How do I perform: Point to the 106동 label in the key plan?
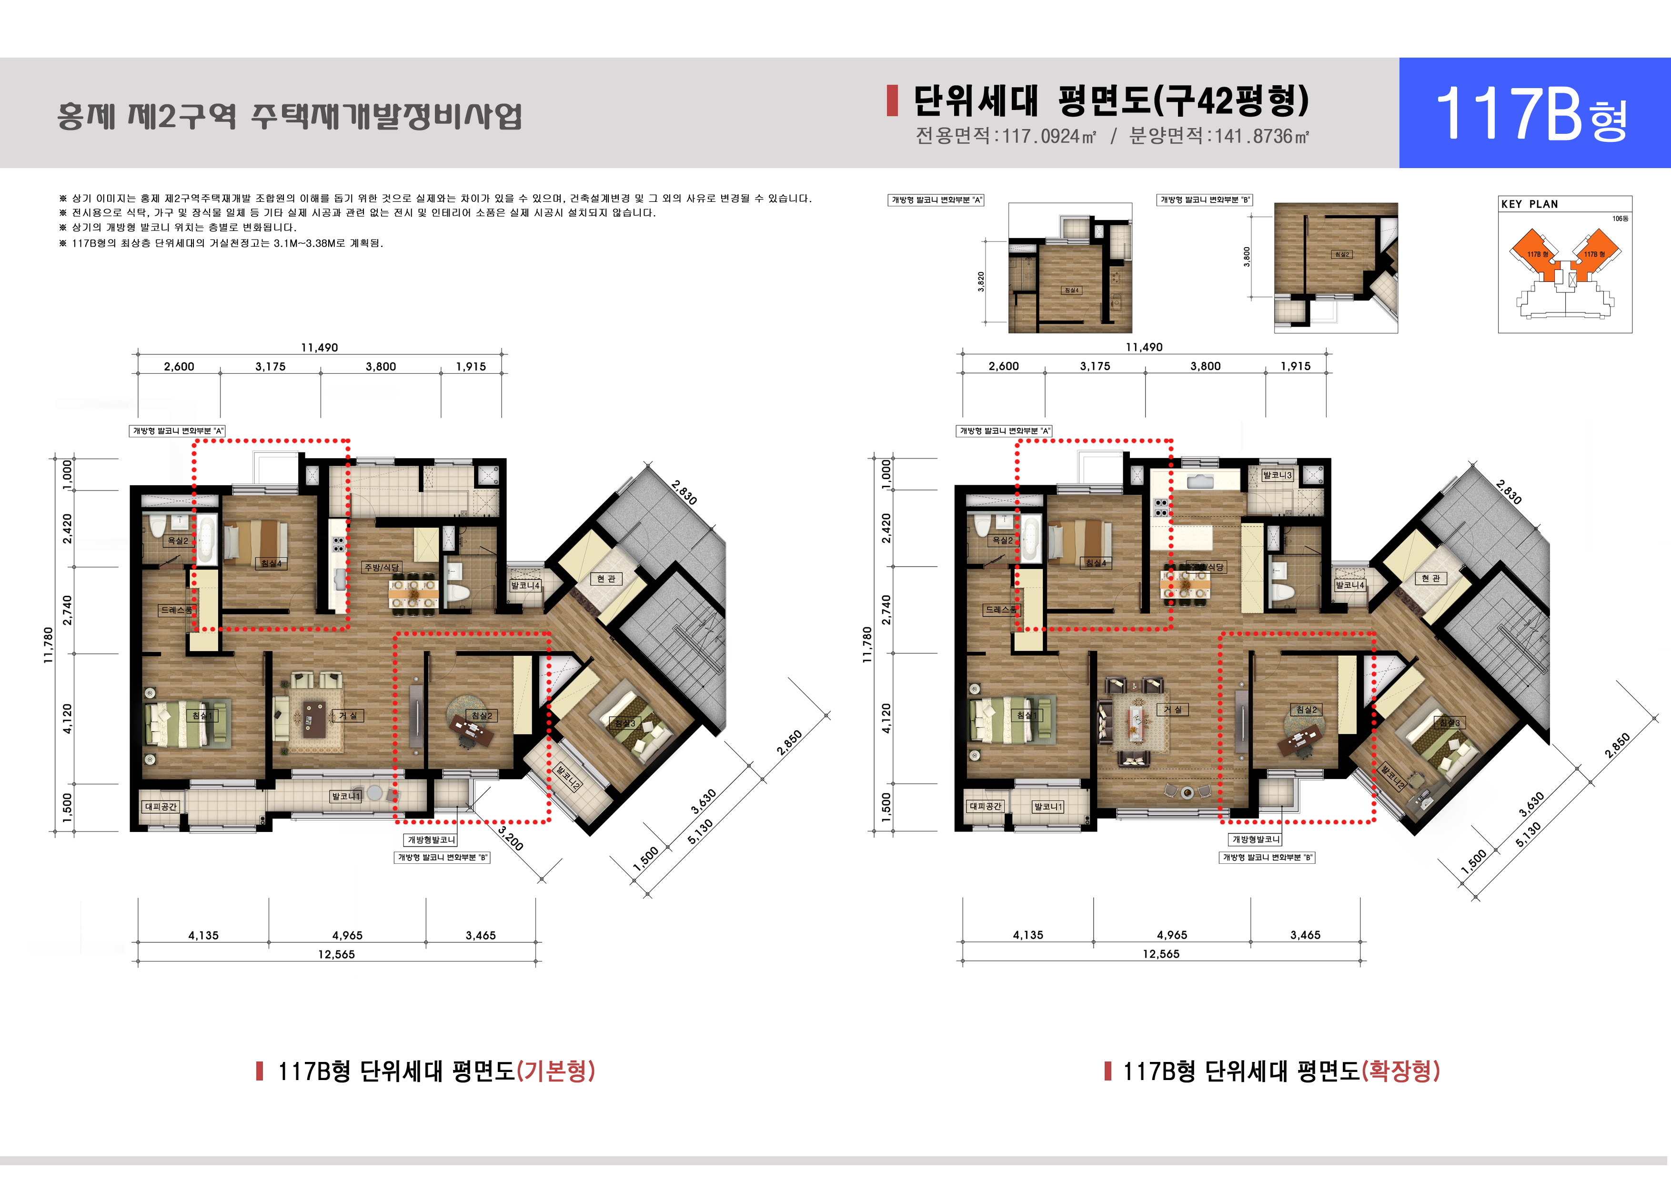point(1620,218)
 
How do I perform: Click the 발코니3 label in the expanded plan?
point(1277,475)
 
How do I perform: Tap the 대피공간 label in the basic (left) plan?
point(161,806)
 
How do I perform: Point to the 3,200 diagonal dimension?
point(511,838)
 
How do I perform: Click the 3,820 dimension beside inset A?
point(981,281)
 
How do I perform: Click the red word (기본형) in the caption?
point(555,1071)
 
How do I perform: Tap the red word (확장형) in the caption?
point(1400,1071)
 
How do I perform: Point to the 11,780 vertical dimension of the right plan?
point(867,645)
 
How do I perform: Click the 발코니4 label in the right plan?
point(1349,585)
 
